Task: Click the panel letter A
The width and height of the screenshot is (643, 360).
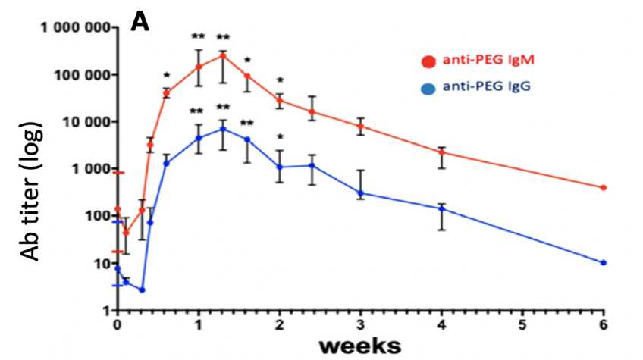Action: (x=141, y=20)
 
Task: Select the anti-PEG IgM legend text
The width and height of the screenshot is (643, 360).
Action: (x=487, y=61)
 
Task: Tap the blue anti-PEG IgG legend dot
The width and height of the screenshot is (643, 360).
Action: (x=429, y=88)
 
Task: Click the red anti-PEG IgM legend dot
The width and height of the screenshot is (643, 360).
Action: (x=429, y=61)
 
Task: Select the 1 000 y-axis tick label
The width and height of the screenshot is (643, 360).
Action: (x=84, y=169)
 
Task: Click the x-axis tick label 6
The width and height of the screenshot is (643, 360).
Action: (x=604, y=326)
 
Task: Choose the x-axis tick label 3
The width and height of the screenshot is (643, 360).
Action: (x=360, y=326)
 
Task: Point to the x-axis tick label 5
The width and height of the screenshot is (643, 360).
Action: (x=522, y=326)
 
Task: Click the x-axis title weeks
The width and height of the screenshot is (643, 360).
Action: (x=359, y=346)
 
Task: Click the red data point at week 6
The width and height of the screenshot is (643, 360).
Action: (x=604, y=187)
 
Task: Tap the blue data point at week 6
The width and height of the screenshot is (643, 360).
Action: (x=604, y=262)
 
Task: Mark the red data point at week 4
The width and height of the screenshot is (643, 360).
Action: (x=441, y=152)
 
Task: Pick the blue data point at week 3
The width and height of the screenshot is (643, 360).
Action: (x=360, y=193)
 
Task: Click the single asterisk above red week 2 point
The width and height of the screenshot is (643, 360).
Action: (x=280, y=80)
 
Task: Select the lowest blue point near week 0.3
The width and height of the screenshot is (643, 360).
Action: (x=142, y=290)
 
